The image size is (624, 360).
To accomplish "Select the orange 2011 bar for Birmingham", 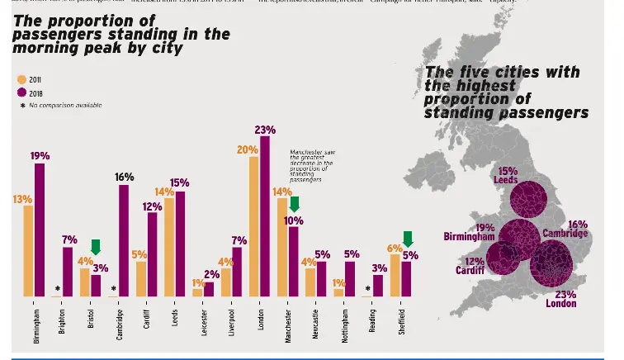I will click(28, 250).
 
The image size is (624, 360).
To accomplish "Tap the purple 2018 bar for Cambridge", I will click(124, 240).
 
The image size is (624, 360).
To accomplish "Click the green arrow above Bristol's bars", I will click(96, 247).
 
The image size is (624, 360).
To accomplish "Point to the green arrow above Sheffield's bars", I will click(407, 239).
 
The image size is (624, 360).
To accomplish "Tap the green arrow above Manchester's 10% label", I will click(294, 204).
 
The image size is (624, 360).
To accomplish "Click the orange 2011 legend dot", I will click(21, 80).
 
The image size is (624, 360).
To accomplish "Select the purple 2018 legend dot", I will click(21, 92).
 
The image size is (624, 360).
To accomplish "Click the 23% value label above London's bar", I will click(265, 130).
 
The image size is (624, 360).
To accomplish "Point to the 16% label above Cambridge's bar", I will click(124, 178).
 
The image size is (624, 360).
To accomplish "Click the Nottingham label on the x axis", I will click(345, 324).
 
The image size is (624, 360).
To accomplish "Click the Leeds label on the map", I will click(506, 180).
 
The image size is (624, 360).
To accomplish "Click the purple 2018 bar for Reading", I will click(378, 286).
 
